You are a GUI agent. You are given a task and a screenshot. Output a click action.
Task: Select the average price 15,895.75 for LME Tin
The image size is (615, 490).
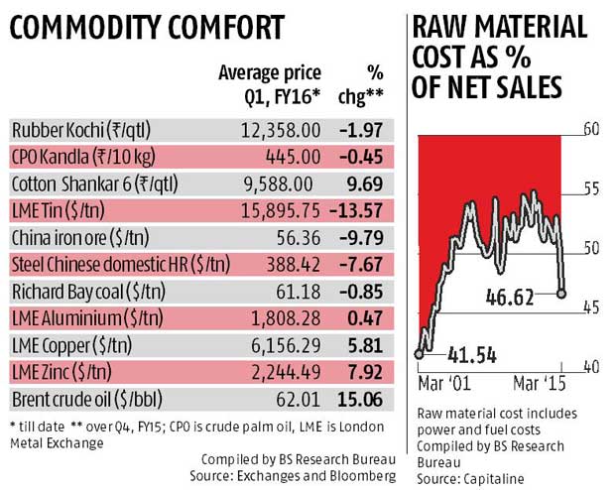click(x=271, y=211)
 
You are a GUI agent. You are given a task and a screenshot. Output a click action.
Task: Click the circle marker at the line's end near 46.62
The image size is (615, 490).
click(x=562, y=293)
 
